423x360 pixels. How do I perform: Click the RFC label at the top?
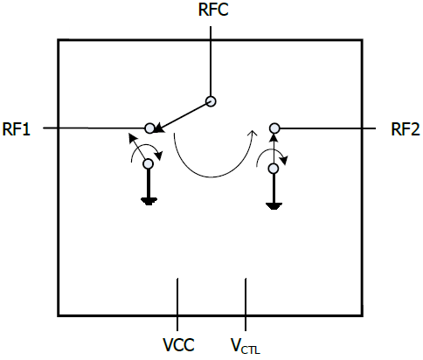pyautogui.click(x=213, y=9)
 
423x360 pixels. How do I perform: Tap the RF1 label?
pyautogui.click(x=17, y=129)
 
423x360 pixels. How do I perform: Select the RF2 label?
pyautogui.click(x=406, y=129)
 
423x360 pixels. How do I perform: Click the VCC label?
pyautogui.click(x=178, y=345)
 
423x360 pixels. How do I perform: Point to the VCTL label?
pyautogui.click(x=246, y=346)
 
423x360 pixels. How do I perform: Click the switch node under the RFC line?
pyautogui.click(x=211, y=101)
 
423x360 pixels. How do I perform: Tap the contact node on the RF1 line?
pyautogui.click(x=149, y=128)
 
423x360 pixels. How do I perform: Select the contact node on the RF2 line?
pyautogui.click(x=274, y=128)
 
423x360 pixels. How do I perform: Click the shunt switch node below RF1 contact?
pyautogui.click(x=149, y=163)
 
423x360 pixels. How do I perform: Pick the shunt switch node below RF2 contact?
pyautogui.click(x=274, y=169)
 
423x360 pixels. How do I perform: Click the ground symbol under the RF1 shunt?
pyautogui.click(x=149, y=201)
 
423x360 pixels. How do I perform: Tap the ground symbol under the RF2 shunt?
pyautogui.click(x=274, y=206)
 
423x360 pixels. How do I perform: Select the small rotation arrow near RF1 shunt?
pyautogui.click(x=146, y=145)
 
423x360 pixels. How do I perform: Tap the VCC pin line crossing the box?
pyautogui.click(x=177, y=304)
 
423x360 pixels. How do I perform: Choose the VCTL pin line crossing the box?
pyautogui.click(x=246, y=304)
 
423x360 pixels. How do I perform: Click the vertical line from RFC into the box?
pyautogui.click(x=211, y=61)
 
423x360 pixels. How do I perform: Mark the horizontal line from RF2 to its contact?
pyautogui.click(x=328, y=128)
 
